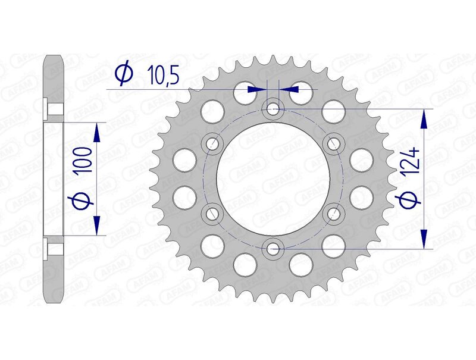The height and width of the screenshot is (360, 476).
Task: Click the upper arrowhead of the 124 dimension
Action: click(x=424, y=119)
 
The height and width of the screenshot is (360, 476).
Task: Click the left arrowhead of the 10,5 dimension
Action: click(x=256, y=89)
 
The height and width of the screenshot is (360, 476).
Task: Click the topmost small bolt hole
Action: click(x=273, y=109)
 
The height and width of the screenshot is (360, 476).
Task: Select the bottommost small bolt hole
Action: click(x=273, y=248)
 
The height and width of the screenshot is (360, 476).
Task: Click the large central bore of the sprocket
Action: click(x=273, y=178)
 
